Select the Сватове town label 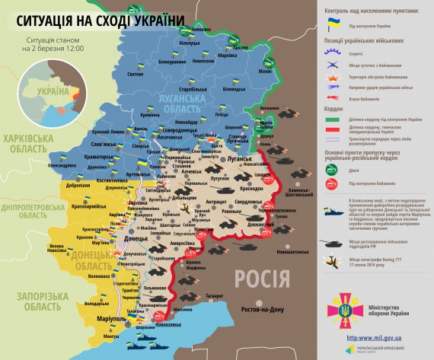click(135, 74)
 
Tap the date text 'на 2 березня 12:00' click(54, 49)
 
